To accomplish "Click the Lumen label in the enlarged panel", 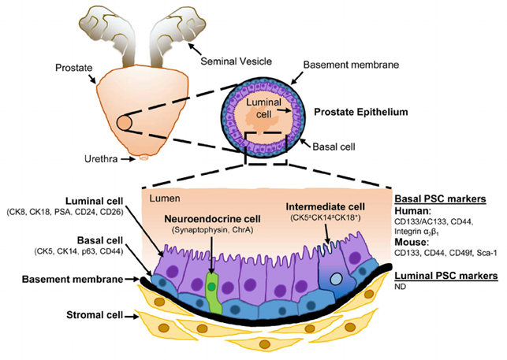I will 161,202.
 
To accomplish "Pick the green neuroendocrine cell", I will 211,282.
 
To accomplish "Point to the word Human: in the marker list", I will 412,210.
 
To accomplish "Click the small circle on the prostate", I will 124,124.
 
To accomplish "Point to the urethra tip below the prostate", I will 143,158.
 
